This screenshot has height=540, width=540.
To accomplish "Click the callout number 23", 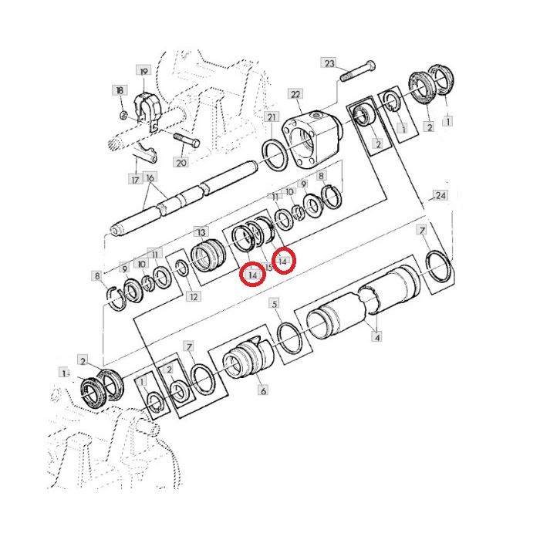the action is pos(329,63).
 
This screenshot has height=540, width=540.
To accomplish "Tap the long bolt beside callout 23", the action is pos(358,70).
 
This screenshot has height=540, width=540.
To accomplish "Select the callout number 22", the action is pos(295,94).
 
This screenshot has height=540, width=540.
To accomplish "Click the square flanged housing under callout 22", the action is pos(312,136).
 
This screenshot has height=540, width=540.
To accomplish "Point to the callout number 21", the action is pos(272,117).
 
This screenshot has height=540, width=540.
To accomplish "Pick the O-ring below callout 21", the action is pos(275,154).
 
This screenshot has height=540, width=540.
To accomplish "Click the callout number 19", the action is pos(143,71).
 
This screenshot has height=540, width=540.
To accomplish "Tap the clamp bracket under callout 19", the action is pos(148,110).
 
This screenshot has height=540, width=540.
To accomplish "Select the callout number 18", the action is pos(120,90).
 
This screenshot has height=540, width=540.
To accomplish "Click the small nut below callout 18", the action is pos(125,115).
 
